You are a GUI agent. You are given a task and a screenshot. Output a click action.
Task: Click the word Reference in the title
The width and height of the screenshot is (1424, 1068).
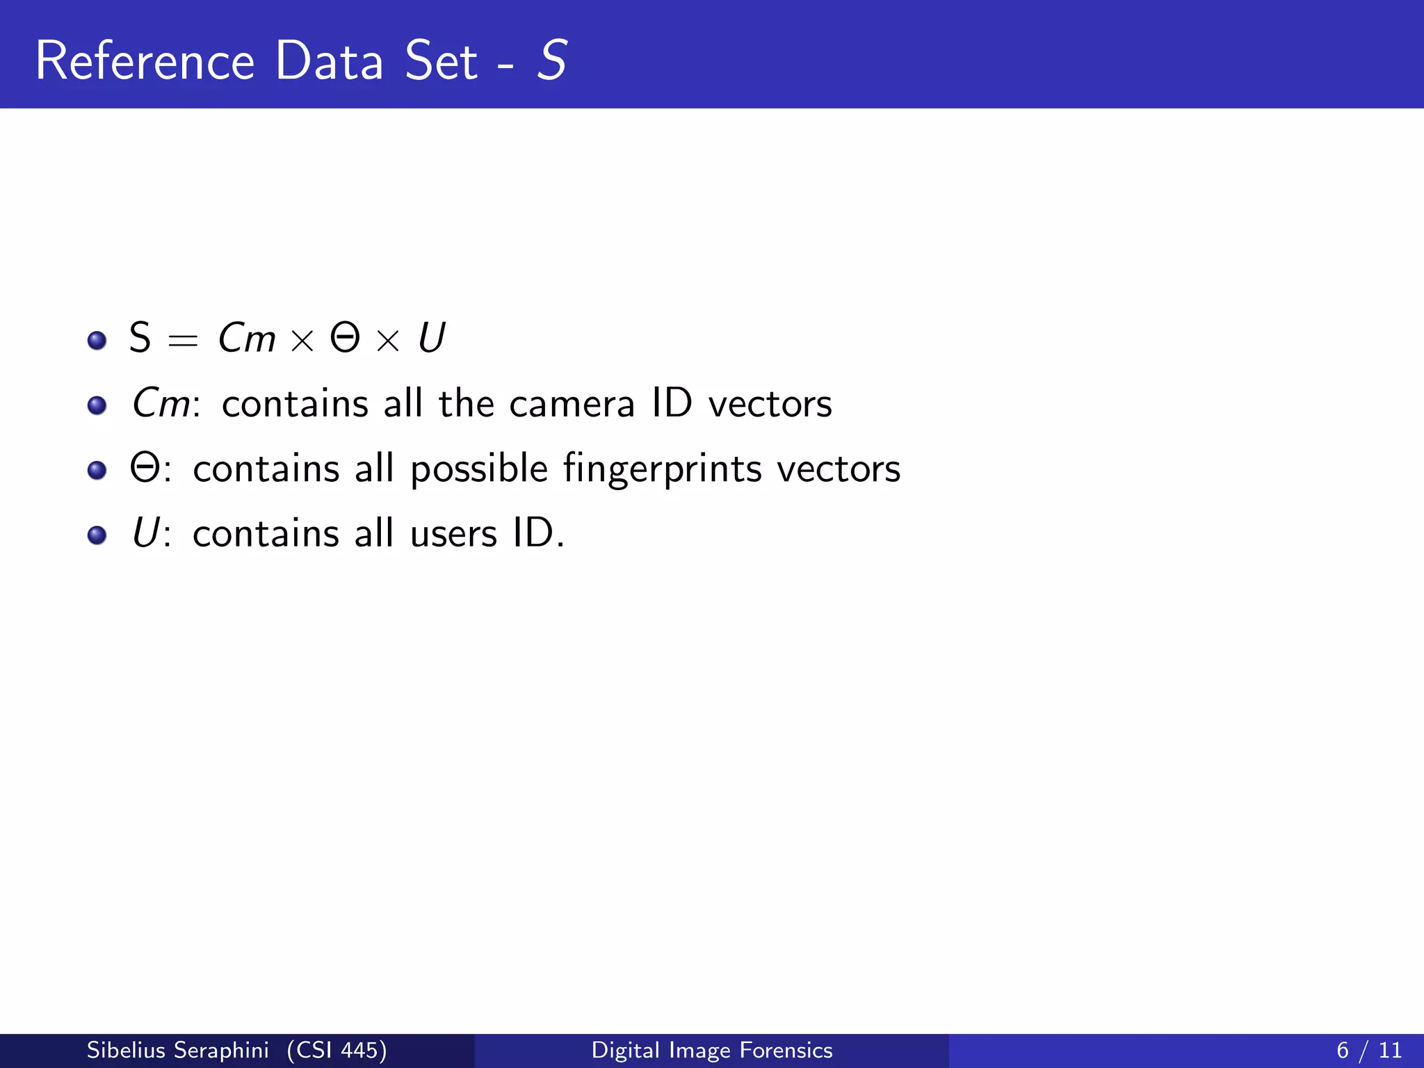click(x=145, y=61)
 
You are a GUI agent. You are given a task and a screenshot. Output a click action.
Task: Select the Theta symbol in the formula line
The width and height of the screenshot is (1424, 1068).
click(x=345, y=338)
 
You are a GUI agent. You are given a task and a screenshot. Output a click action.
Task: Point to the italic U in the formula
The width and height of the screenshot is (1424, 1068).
click(x=432, y=338)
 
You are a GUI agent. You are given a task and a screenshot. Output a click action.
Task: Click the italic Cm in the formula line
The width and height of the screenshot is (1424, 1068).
click(x=247, y=338)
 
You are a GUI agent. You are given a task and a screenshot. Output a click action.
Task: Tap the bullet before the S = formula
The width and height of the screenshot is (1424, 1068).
click(x=97, y=341)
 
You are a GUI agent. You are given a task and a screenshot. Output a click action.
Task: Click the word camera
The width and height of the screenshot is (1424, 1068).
click(x=572, y=404)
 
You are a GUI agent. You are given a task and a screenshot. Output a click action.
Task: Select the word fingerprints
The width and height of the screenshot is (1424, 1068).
click(x=662, y=469)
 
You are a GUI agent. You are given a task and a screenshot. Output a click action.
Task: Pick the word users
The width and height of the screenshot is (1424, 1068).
click(x=453, y=534)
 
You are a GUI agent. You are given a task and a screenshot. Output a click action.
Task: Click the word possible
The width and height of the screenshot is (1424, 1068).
click(x=479, y=469)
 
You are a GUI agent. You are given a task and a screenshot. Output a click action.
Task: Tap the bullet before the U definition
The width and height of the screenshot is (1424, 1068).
click(x=97, y=535)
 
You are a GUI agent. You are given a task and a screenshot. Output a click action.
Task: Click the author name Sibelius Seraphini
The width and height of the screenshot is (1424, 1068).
click(x=177, y=1050)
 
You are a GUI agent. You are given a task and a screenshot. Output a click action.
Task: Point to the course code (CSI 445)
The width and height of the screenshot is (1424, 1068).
click(x=337, y=1050)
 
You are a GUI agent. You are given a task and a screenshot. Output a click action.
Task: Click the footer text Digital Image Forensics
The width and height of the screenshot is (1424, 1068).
click(x=712, y=1050)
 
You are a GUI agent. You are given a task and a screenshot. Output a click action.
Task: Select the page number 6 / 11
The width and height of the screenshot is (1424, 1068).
click(x=1368, y=1050)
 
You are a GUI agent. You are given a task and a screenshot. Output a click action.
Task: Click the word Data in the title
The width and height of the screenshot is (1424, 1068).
click(x=330, y=61)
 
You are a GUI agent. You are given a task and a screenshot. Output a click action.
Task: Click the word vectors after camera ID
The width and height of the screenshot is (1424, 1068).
click(x=770, y=404)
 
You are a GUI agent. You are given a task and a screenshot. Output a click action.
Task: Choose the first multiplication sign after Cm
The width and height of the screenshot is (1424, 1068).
click(x=302, y=341)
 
